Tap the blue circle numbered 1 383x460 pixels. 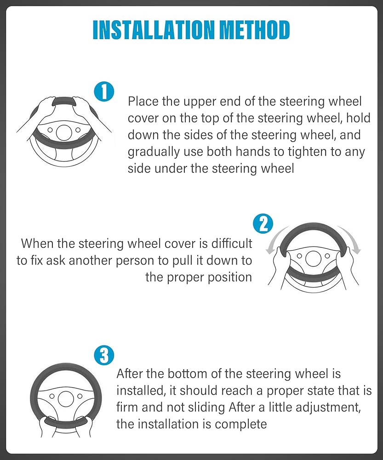coord(104,92)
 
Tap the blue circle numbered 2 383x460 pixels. coord(263,224)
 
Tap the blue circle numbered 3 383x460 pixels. coord(104,355)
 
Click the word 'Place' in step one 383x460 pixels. coord(143,102)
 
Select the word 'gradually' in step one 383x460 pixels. coord(149,152)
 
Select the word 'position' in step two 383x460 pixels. coord(229,277)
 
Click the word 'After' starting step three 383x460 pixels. coord(129,374)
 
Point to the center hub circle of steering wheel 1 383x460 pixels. coord(64,132)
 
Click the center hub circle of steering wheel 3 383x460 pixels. coord(66,398)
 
